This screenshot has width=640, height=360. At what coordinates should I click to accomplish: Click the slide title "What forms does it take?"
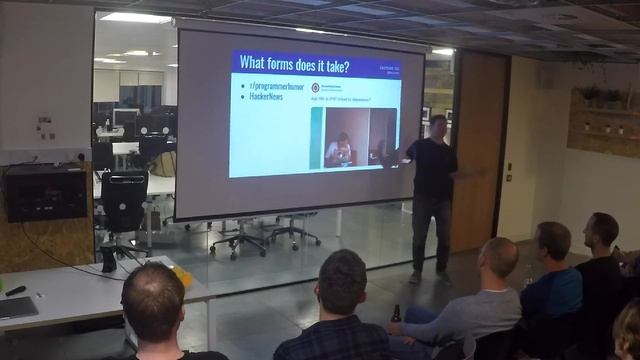coord(293,66)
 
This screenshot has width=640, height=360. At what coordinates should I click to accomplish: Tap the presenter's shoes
coord(429,277)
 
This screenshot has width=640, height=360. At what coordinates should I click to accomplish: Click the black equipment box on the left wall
coord(45,191)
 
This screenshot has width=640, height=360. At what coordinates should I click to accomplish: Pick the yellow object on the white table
coord(182,275)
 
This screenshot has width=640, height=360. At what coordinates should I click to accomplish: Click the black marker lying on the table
coord(15,291)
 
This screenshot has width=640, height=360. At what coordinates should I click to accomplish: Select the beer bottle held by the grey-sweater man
coord(396,314)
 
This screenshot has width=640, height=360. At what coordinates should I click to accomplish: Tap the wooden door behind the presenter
coord(477,150)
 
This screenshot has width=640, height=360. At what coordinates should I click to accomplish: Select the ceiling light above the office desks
coord(135,18)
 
